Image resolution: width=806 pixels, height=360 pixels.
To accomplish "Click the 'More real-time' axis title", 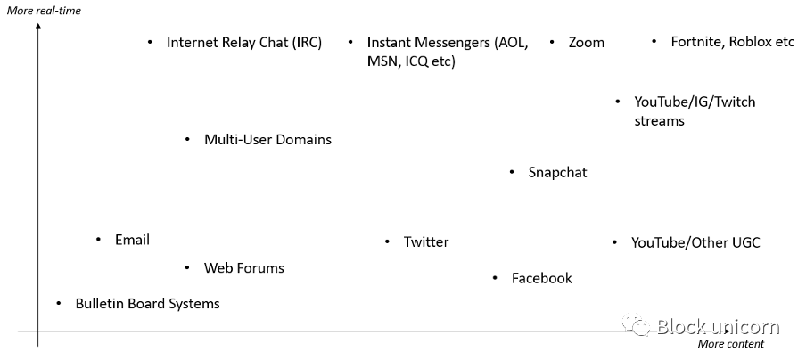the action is [44, 11].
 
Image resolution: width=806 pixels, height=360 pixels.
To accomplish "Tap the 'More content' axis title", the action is [730, 344].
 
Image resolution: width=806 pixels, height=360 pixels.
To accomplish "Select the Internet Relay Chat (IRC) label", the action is [244, 43].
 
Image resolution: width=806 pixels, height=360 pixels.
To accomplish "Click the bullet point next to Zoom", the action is [552, 42].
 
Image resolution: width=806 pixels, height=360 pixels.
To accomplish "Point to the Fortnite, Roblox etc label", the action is [733, 42].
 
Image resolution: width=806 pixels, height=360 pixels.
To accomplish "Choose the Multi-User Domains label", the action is [267, 139].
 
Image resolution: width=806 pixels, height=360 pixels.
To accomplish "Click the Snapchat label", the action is [558, 172].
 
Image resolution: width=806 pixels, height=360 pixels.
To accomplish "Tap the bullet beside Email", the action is [99, 240].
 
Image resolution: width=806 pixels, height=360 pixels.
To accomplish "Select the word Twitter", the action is [426, 241].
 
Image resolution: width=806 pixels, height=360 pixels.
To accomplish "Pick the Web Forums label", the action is [244, 267].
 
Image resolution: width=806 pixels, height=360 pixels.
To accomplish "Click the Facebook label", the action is [542, 278].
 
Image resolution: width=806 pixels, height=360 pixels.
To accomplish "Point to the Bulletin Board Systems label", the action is [147, 304].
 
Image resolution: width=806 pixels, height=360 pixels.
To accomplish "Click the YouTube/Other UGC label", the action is [695, 242].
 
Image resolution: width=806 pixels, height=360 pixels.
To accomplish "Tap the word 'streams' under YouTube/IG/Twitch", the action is [660, 121].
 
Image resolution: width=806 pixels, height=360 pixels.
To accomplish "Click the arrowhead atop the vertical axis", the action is [38, 26].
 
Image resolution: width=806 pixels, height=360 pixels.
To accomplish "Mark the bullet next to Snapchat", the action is [512, 172].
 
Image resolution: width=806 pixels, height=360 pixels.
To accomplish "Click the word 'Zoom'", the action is [587, 42].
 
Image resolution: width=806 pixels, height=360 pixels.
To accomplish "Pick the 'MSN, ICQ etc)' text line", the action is [411, 61].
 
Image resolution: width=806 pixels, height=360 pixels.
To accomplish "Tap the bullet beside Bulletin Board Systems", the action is [59, 304].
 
